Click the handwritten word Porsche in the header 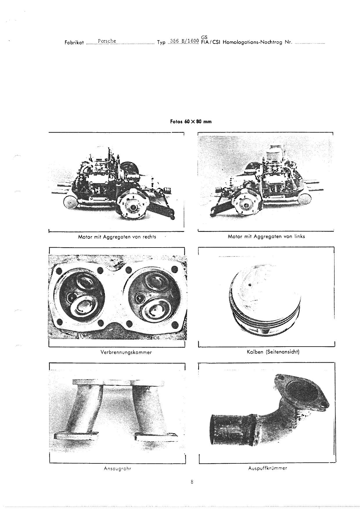(107, 41)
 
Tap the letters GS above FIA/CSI (204, 37)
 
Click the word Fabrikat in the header (74, 42)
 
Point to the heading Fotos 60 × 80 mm (191, 121)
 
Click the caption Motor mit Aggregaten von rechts (117, 237)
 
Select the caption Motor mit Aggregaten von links (266, 236)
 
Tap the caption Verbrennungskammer (126, 352)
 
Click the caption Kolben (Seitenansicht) (273, 352)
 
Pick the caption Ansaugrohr (117, 469)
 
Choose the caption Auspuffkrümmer (268, 468)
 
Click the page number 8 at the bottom (192, 482)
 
